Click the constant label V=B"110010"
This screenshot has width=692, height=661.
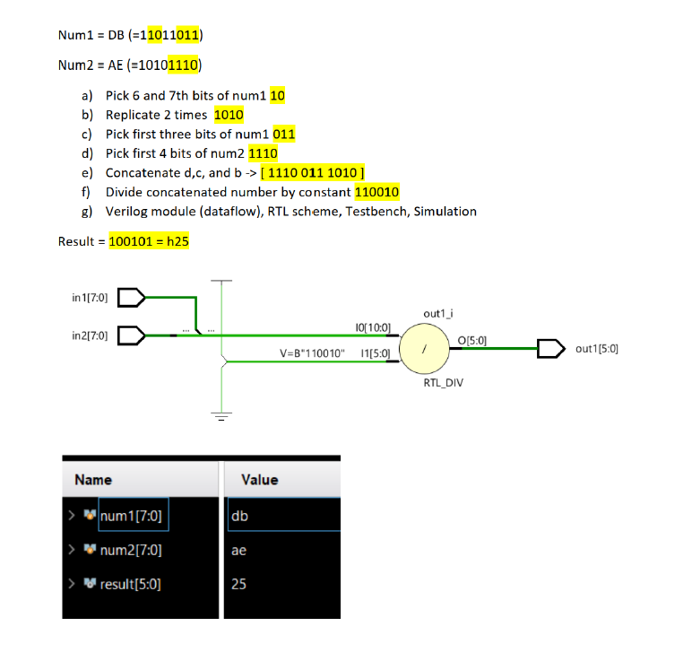[x=312, y=353]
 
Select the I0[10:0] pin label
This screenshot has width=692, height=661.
[x=372, y=328]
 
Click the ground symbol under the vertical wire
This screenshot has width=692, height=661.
[x=220, y=415]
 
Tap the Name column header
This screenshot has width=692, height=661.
[x=93, y=480]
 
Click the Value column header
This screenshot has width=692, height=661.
[x=260, y=480]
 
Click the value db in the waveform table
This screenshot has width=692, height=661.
[x=239, y=516]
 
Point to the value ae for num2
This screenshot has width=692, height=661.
[x=238, y=551]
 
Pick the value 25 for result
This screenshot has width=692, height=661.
[x=238, y=585]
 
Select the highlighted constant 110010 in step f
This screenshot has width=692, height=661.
[x=376, y=192]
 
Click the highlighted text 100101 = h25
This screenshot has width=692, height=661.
[x=149, y=241]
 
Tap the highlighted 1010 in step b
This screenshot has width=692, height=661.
[x=229, y=115]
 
